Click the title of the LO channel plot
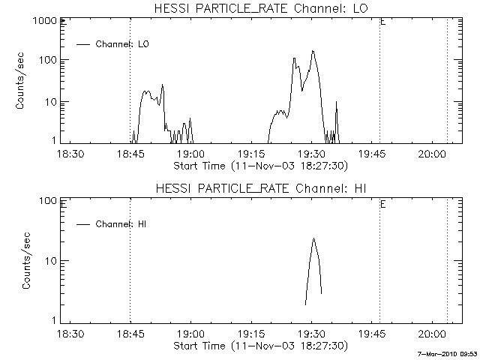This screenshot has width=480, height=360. (261, 8)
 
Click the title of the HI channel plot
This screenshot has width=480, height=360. (261, 188)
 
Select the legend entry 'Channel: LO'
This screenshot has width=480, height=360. (112, 44)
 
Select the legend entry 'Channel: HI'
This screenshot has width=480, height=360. (112, 224)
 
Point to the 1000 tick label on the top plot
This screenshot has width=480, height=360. (45, 21)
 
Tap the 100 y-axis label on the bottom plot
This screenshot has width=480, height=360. (48, 201)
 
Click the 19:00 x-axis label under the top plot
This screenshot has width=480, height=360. (191, 154)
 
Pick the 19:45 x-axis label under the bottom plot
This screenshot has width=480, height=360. (372, 334)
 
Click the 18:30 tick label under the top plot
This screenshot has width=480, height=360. (70, 154)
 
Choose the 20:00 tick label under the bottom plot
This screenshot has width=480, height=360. (432, 334)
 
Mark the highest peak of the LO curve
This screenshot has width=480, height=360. (313, 51)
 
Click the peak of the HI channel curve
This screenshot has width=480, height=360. (313, 238)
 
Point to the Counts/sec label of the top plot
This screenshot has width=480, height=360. (19, 81)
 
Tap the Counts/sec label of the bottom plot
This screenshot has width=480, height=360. (26, 260)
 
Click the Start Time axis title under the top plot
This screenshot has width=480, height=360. (261, 166)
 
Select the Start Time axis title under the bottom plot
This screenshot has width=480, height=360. (261, 346)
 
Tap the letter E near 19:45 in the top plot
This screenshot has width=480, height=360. (382, 22)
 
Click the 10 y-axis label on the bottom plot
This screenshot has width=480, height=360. (52, 261)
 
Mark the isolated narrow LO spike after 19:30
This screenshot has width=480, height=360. (337, 122)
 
